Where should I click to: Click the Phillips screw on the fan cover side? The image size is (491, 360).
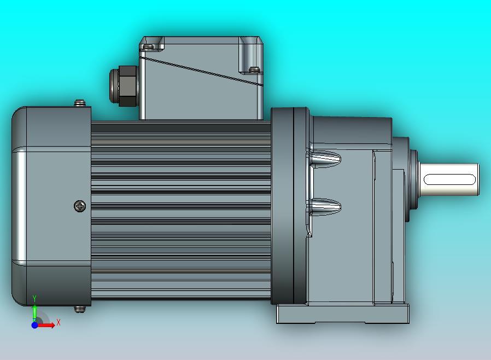point(80,206)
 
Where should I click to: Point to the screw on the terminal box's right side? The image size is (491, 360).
point(254,68)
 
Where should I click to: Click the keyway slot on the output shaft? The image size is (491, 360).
point(449,179)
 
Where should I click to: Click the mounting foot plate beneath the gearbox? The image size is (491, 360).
point(342,314)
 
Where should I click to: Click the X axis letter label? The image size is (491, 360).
point(59,322)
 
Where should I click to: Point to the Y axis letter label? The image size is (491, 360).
point(34,298)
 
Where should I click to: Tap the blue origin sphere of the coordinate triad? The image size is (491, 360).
point(34,325)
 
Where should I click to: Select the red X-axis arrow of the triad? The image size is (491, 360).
point(47,325)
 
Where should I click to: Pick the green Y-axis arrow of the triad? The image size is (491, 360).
point(34,312)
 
